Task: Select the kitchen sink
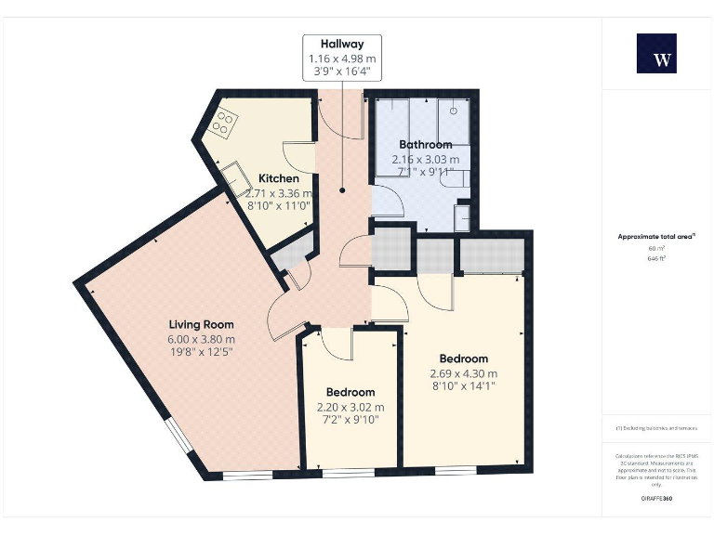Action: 229,173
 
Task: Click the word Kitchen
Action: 278,178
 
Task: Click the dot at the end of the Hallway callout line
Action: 342,189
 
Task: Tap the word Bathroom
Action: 425,145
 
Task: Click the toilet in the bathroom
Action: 461,216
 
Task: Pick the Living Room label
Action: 201,324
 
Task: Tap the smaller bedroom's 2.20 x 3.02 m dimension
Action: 350,407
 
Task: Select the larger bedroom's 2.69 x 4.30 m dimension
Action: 463,373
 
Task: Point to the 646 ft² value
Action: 656,259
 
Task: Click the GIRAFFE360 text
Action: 656,499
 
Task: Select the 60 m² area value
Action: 656,249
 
